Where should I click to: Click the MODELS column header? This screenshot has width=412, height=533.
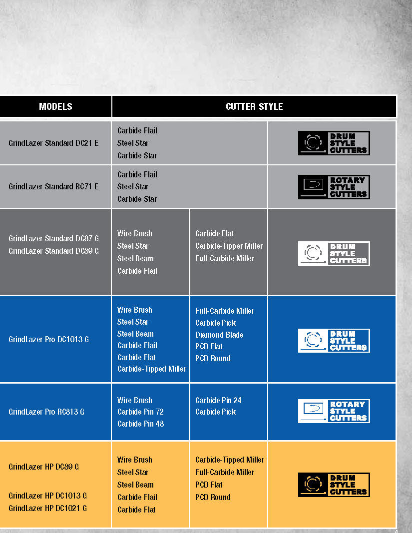pos(55,107)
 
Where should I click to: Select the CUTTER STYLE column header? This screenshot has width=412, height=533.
pos(254,107)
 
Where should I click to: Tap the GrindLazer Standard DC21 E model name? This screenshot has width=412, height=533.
pos(53,143)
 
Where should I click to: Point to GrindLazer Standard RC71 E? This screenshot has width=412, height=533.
pos(53,187)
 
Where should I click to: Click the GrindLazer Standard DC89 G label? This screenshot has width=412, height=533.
pos(54,251)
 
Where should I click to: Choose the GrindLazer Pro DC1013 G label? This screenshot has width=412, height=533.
pos(48,339)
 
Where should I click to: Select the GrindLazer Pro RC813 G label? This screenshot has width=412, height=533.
pos(46,412)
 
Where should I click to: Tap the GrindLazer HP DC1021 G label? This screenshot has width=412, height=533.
pos(47,508)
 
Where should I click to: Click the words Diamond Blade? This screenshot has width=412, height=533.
pos(219,335)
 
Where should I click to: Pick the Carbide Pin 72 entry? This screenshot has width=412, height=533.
pos(140,412)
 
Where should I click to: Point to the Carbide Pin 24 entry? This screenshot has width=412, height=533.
pos(218,401)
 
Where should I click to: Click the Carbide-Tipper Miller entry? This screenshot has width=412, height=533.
pos(229,246)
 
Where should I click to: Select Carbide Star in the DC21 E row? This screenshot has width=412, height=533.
pos(137,156)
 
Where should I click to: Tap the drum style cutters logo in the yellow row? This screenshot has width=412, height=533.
pos(334,485)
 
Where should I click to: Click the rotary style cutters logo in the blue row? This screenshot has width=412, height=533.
pos(334,411)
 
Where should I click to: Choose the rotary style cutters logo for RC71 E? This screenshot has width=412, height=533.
pos(334,187)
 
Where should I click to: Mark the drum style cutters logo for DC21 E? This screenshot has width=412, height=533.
pos(334,143)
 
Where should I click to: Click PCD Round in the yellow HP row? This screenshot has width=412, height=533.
pos(213,498)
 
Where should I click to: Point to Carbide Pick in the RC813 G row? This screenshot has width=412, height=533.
pos(216,412)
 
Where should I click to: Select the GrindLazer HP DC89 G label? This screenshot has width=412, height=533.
pos(43,467)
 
